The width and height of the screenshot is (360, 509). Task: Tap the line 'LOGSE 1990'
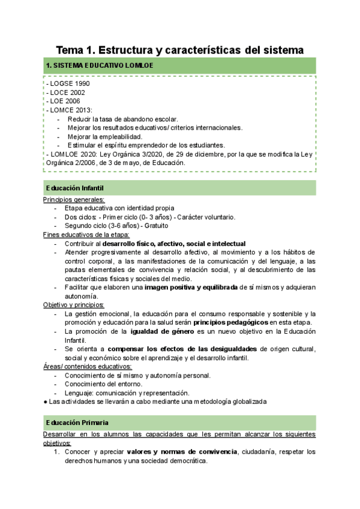[68, 83]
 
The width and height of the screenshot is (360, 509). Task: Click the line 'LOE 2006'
[65, 101]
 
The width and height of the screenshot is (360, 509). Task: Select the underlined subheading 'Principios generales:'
[74, 200]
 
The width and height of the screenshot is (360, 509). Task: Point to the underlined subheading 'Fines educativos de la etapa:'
[86, 235]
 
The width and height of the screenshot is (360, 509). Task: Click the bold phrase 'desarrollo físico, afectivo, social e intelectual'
[174, 244]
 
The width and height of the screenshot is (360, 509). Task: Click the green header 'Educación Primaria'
[76, 423]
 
